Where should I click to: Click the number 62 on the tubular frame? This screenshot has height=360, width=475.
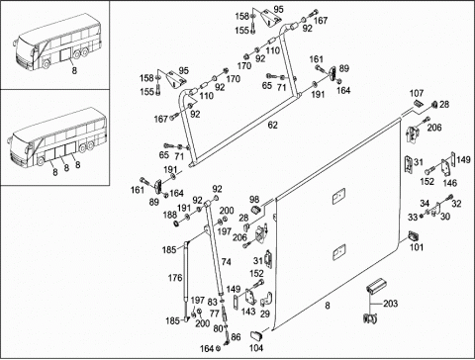273,126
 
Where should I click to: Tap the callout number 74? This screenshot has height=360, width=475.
227,262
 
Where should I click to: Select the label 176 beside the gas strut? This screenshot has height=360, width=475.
175,278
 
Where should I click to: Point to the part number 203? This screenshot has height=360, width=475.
390,304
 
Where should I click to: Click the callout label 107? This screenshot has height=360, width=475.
417,94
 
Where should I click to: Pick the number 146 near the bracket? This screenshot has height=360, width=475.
450,183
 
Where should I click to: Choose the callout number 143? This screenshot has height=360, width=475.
248,312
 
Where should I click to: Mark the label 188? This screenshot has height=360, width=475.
170,215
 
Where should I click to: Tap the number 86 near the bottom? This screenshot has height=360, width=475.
236,337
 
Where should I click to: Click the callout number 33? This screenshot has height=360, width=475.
413,218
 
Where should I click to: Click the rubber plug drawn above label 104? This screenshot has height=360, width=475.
256,335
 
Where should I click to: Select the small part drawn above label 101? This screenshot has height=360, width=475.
414,236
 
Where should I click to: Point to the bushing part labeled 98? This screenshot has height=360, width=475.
255,210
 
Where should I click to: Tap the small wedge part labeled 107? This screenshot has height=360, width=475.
418,103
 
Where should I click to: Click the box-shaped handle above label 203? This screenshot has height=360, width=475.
376,286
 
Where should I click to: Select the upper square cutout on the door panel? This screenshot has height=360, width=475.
338,196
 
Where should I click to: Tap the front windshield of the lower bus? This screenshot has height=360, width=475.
20,146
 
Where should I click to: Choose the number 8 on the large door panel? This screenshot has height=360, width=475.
328,306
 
